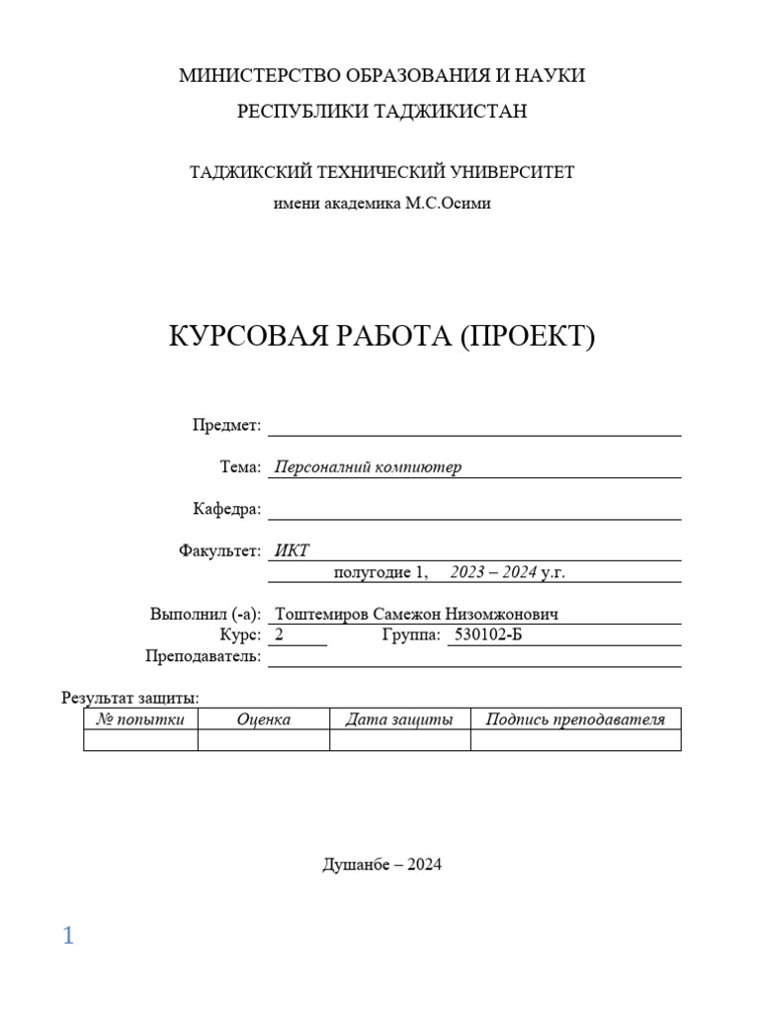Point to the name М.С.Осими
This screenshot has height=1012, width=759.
click(448, 204)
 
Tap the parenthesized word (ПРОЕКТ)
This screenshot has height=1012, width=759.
click(526, 337)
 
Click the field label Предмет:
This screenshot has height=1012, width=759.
click(226, 425)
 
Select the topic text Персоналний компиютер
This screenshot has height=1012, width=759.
click(368, 467)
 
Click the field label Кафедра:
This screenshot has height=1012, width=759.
click(226, 509)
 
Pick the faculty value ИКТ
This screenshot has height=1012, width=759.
click(292, 550)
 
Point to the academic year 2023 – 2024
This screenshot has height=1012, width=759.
click(493, 572)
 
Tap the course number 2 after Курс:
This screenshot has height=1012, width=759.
click(280, 635)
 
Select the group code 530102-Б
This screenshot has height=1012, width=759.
click(487, 635)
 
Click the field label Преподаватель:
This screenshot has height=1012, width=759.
click(203, 656)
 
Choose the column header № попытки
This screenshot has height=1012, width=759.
click(140, 719)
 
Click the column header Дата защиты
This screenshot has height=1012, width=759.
click(399, 719)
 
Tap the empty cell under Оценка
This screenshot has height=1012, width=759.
click(263, 740)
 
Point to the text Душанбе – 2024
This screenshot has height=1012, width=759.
click(381, 866)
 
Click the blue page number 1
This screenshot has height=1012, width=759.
click(68, 936)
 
